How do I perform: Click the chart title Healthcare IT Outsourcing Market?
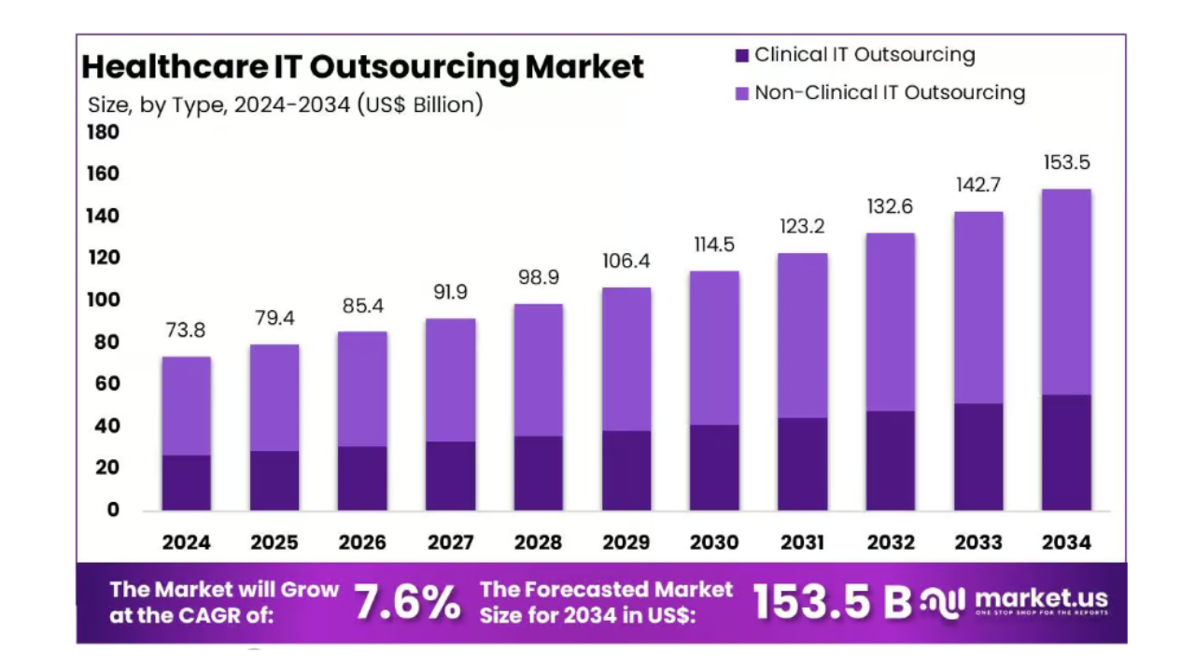pos(362,67)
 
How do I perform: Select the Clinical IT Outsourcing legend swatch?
pos(742,56)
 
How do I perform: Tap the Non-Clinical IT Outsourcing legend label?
pos(889,92)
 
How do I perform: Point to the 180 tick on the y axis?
pos(104,133)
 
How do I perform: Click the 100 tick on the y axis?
pos(104,301)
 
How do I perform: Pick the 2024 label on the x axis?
pos(186,542)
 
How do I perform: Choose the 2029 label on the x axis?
pos(626,542)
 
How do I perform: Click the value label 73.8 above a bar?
pos(186,330)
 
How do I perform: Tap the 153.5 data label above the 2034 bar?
pos(1066,162)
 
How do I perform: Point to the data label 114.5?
pos(714,245)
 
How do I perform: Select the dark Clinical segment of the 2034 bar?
pos(1066,453)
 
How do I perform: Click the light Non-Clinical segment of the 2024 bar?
pos(186,406)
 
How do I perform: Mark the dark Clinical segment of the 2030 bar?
pos(714,468)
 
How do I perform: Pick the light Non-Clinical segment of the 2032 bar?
pos(890,322)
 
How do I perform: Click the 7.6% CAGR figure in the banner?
pos(407,603)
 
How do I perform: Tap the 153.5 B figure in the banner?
pos(831,603)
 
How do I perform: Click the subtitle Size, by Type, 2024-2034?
pos(285,105)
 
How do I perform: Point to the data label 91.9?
pos(450,292)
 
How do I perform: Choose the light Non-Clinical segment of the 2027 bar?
pos(450,380)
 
